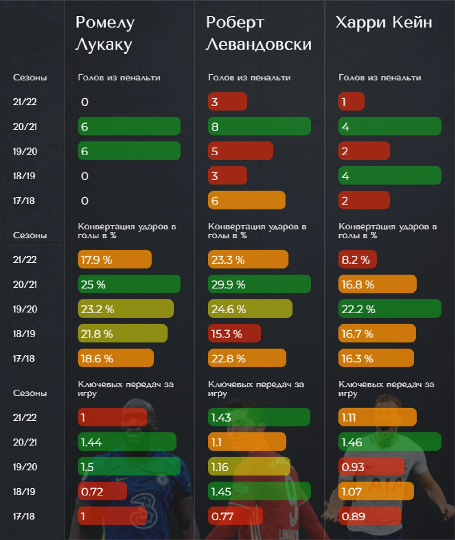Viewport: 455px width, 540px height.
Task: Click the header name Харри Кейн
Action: click(x=384, y=22)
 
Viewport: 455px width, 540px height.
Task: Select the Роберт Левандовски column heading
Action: click(x=258, y=33)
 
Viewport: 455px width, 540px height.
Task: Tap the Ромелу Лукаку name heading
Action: click(x=105, y=33)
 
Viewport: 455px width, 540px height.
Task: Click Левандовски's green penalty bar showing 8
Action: click(x=259, y=126)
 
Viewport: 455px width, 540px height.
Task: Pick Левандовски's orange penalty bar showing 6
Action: click(x=247, y=200)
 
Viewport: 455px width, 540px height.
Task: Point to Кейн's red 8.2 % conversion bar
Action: click(x=357, y=259)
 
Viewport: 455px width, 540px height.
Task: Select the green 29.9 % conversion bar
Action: click(x=259, y=284)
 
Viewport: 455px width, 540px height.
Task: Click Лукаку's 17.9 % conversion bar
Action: click(x=114, y=259)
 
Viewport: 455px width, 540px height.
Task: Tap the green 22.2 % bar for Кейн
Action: click(x=390, y=309)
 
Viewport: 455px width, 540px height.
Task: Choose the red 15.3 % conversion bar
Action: click(x=234, y=334)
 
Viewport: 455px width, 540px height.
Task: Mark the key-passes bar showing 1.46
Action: click(x=390, y=442)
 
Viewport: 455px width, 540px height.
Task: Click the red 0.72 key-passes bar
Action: click(x=102, y=491)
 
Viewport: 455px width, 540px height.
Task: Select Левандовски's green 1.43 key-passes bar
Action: click(x=259, y=417)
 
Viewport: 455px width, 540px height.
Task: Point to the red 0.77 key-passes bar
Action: click(x=235, y=516)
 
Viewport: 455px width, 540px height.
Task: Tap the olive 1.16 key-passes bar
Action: click(x=249, y=467)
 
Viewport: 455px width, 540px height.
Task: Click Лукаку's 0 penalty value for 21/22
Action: click(x=84, y=102)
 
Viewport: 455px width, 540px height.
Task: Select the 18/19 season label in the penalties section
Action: click(x=24, y=176)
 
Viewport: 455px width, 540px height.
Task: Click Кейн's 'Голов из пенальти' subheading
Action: click(x=380, y=78)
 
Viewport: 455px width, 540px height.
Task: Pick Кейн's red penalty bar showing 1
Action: click(x=351, y=102)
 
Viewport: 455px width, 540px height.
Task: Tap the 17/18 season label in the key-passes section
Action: click(x=24, y=516)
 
